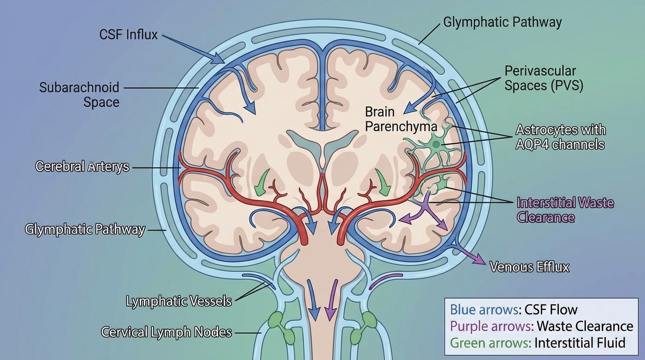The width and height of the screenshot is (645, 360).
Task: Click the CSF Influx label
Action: pyautogui.click(x=128, y=35)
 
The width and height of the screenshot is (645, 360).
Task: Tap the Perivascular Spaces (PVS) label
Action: pyautogui.click(x=543, y=79)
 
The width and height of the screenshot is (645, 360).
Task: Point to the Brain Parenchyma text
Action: pyautogui.click(x=401, y=119)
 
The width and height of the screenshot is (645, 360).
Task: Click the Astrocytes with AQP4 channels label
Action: pyautogui.click(x=560, y=136)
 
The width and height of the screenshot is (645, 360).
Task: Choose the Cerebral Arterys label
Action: pyautogui.click(x=82, y=166)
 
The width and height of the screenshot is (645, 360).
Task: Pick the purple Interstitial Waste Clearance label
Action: pyautogui.click(x=564, y=210)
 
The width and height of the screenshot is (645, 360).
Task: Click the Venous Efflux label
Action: pyautogui.click(x=529, y=267)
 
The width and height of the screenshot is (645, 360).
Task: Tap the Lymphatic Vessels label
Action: pyautogui.click(x=179, y=301)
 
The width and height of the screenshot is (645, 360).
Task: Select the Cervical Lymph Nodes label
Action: pyautogui.click(x=166, y=332)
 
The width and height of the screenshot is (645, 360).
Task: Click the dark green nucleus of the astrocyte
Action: pyautogui.click(x=437, y=145)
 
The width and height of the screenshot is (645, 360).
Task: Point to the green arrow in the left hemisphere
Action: pyautogui.click(x=262, y=183)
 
